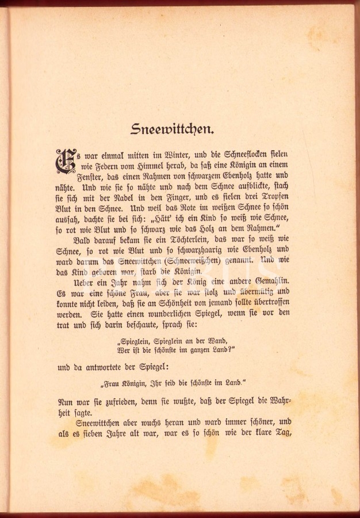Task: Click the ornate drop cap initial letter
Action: pos(66,162)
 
